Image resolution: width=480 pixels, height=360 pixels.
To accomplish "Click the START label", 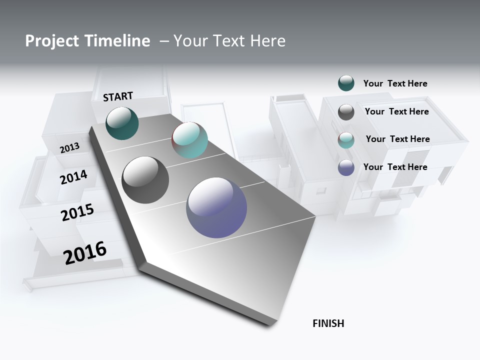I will (x=118, y=96).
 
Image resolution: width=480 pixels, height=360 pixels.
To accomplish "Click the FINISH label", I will (x=328, y=323).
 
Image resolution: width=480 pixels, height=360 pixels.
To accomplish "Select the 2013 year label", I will (x=69, y=147).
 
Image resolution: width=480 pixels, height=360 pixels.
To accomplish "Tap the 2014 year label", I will (x=73, y=177).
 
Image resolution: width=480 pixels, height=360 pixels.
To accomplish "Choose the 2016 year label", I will (x=85, y=253).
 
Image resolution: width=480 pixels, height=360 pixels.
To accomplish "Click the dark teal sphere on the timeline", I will (x=122, y=123).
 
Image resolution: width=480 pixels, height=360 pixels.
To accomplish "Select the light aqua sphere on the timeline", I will (x=189, y=140).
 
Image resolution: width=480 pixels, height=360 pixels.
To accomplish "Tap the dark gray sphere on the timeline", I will (x=145, y=180).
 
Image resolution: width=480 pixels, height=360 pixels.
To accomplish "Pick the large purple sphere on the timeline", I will (x=216, y=207).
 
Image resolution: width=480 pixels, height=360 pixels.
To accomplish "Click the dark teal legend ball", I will (x=346, y=83).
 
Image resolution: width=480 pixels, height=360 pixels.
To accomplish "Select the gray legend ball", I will (x=346, y=112).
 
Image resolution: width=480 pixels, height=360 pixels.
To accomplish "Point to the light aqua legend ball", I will (x=346, y=140).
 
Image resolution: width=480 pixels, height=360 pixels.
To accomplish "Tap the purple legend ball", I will (x=346, y=167).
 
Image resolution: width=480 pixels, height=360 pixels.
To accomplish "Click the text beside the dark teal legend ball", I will (x=395, y=83).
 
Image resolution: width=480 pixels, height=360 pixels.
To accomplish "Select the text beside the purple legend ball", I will (x=395, y=167).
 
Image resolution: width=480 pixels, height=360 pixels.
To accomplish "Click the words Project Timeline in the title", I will (x=87, y=41).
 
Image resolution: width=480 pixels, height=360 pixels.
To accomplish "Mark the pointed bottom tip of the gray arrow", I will (x=270, y=326).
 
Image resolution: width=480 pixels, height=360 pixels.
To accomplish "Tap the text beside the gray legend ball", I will (x=396, y=111).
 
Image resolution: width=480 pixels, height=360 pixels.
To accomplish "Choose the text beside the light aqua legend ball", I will (x=397, y=139).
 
